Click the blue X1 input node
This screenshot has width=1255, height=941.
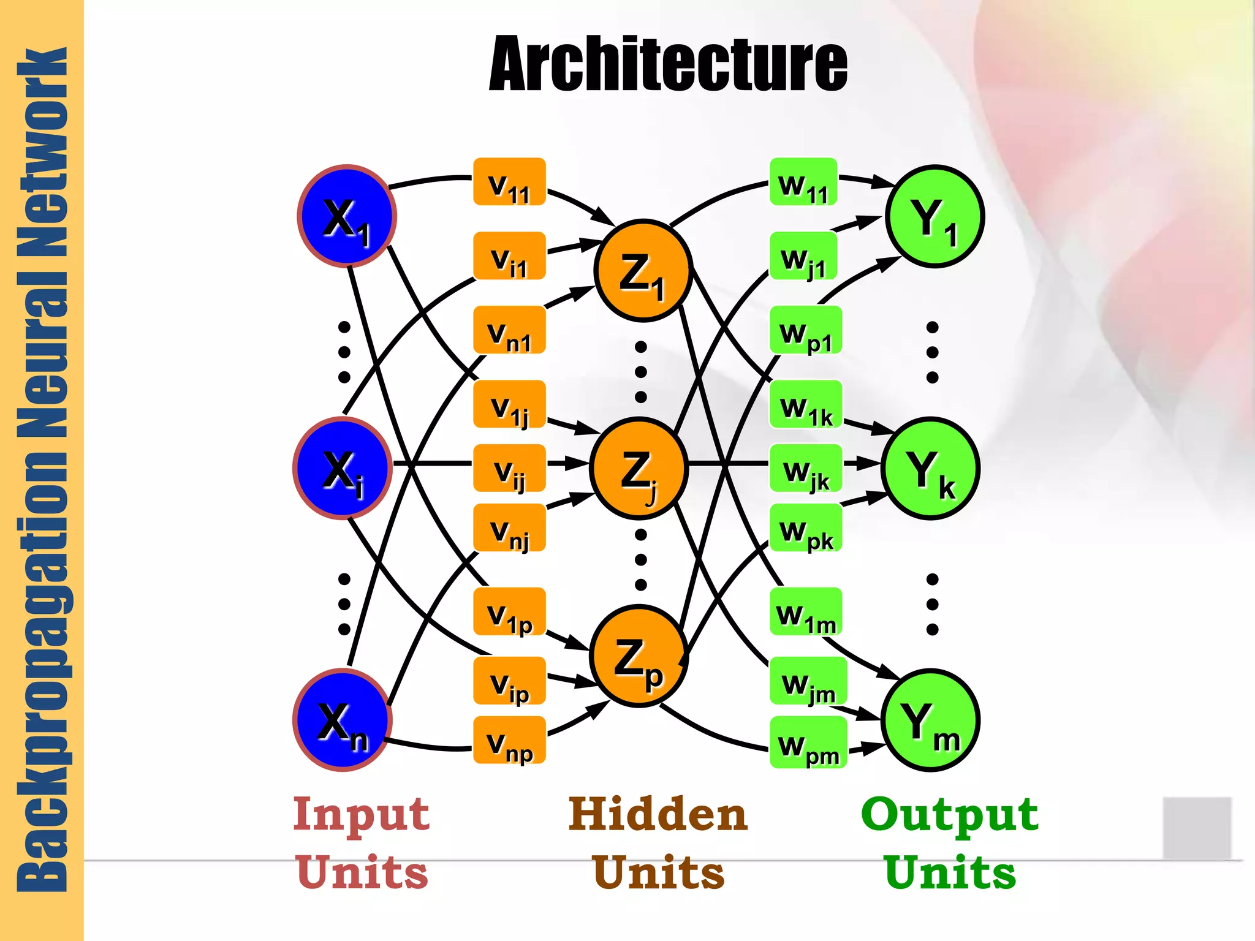coord(347,216)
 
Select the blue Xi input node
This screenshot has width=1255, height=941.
coord(343,469)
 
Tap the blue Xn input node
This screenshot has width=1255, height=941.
coord(343,720)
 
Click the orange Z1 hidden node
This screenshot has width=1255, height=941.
coord(643,270)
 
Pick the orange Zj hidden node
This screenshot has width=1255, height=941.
coord(639,469)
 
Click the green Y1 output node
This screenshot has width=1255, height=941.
coord(935,216)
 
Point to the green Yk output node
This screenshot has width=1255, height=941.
coord(930,469)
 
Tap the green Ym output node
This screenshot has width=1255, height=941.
coord(930,720)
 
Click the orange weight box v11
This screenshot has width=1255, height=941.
coord(509,182)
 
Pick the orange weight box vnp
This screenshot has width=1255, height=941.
coord(509,740)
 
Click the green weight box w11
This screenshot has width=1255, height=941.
coord(803,182)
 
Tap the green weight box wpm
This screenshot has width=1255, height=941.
coord(808,743)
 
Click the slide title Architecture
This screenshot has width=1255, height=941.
coord(668,64)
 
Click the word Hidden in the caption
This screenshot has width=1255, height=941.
coord(658,815)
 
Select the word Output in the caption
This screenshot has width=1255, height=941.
coord(950,815)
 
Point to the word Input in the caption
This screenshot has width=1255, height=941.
coord(362,815)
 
